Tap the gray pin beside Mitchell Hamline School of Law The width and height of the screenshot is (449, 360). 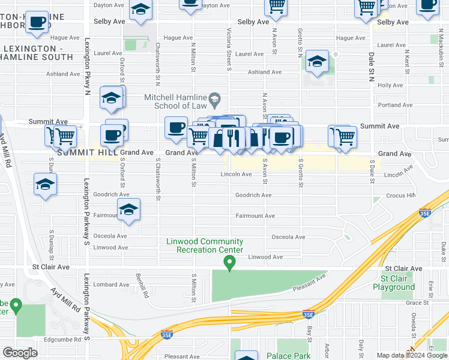point(220,98)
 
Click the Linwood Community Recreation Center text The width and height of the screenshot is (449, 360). point(205,245)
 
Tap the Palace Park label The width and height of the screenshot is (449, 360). point(289,356)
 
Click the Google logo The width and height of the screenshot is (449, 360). point(20,352)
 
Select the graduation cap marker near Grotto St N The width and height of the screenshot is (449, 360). point(317,62)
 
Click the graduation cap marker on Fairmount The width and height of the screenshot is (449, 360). point(128,211)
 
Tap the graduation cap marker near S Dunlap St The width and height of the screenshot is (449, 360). point(45,185)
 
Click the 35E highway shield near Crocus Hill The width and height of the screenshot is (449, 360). point(424,212)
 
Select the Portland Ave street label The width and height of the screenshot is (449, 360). point(395,105)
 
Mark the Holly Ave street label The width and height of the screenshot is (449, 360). point(390,85)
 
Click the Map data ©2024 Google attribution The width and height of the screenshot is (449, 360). point(412,355)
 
